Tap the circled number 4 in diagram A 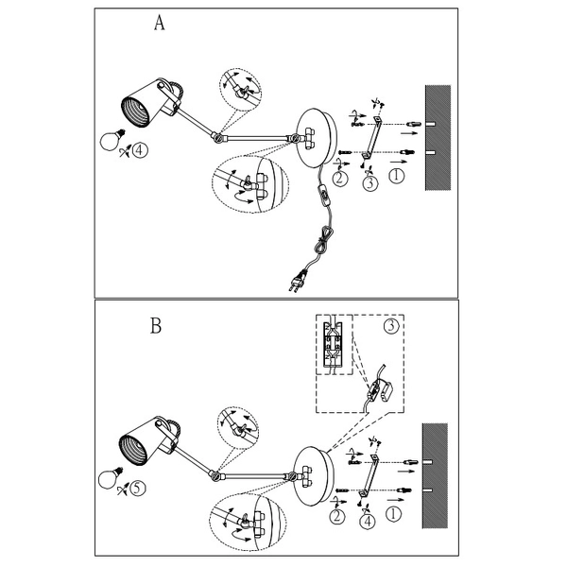140,149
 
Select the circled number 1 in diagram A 397,176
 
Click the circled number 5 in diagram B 138,489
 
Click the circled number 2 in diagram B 337,516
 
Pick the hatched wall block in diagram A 437,137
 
